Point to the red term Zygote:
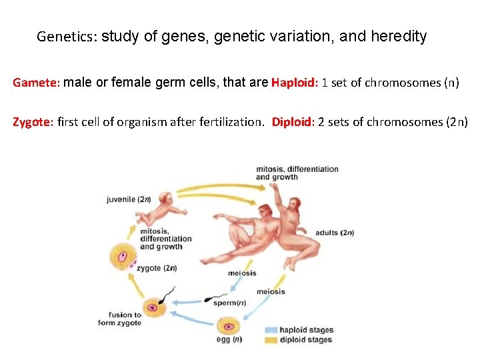pyautogui.click(x=34, y=122)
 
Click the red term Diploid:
pyautogui.click(x=293, y=122)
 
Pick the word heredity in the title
pyautogui.click(x=397, y=37)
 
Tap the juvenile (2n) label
pyautogui.click(x=128, y=199)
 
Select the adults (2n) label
pyautogui.click(x=334, y=233)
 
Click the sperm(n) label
pyautogui.click(x=229, y=303)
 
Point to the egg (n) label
pyautogui.click(x=228, y=339)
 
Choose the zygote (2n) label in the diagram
pyautogui.click(x=156, y=268)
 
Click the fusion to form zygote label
pyautogui.click(x=125, y=319)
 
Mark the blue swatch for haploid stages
pyautogui.click(x=270, y=330)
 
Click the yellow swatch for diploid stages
pyautogui.click(x=270, y=340)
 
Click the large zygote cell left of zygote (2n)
pyautogui.click(x=124, y=257)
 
